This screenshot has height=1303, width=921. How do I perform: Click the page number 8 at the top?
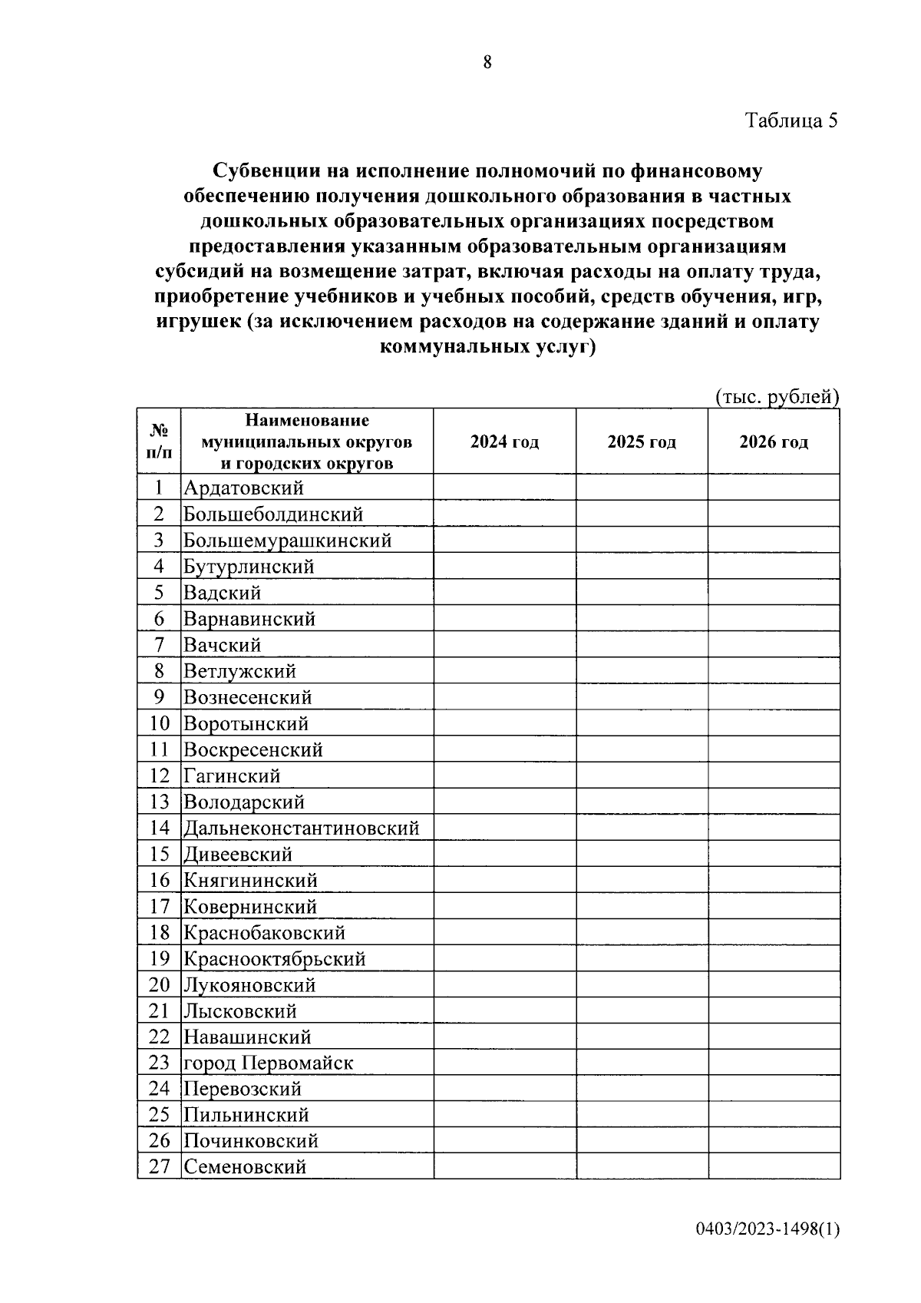point(487,63)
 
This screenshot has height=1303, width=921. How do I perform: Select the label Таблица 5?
point(791,121)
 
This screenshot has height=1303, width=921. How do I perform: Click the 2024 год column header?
point(504,442)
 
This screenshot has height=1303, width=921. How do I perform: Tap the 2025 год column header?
point(642,442)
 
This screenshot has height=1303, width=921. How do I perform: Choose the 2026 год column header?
point(774,442)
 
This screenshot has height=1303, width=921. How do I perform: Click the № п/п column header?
point(159,441)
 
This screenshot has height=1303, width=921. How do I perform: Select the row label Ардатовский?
point(243,488)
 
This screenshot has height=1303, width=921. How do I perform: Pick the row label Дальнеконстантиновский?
point(301,828)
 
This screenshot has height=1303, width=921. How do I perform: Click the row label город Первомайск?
point(268,1063)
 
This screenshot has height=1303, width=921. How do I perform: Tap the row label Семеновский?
point(245,1167)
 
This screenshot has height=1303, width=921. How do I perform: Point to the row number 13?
point(159,802)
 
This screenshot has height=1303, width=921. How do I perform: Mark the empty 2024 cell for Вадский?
point(504,593)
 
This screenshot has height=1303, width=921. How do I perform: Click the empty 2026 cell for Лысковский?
point(774,1011)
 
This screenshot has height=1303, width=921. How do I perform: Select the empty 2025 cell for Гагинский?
point(642,776)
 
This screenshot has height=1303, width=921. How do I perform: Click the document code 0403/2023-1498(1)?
point(768,1251)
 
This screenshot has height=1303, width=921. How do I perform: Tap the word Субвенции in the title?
point(265,170)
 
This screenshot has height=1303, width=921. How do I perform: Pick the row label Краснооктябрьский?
point(274,959)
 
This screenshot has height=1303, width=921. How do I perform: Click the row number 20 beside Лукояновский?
point(159,985)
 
